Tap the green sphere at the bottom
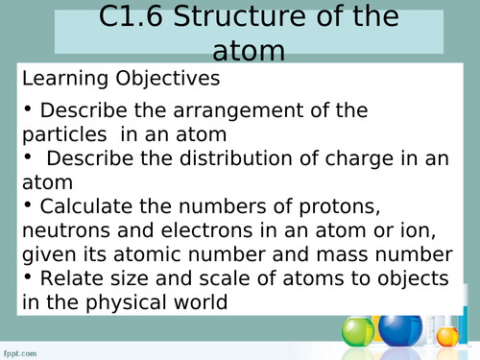click(x=357, y=334)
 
